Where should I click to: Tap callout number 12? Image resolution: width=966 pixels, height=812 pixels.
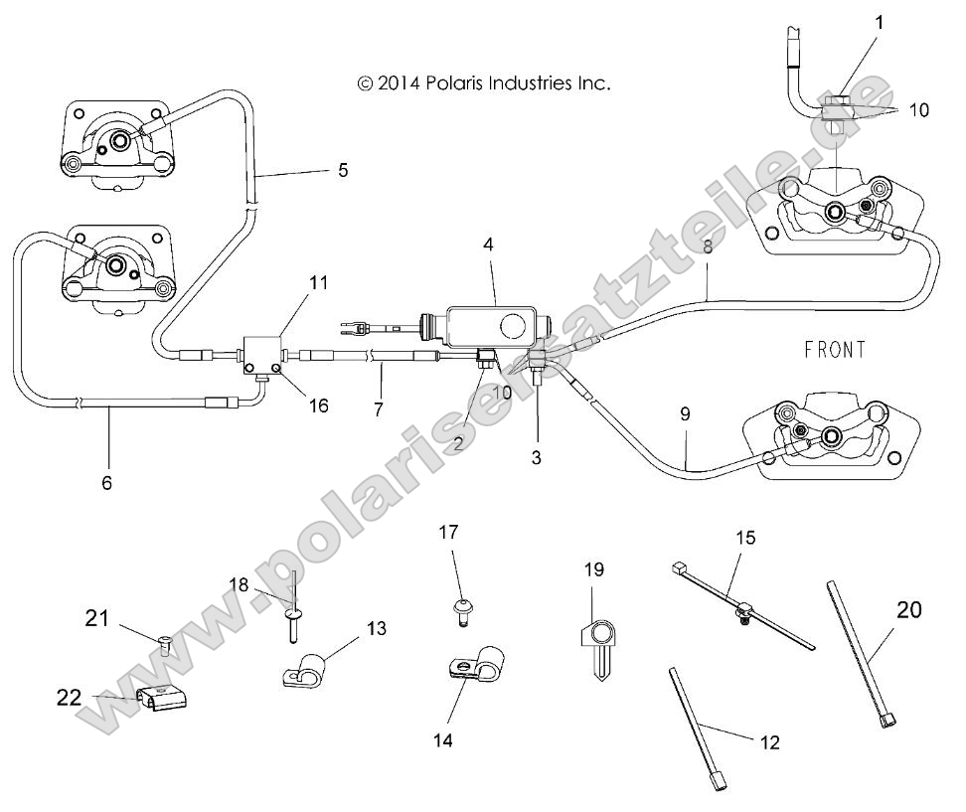pos(768,741)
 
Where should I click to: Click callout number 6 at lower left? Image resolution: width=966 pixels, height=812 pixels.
pos(106,483)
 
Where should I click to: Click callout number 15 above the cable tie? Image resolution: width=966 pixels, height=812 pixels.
pos(744,538)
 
